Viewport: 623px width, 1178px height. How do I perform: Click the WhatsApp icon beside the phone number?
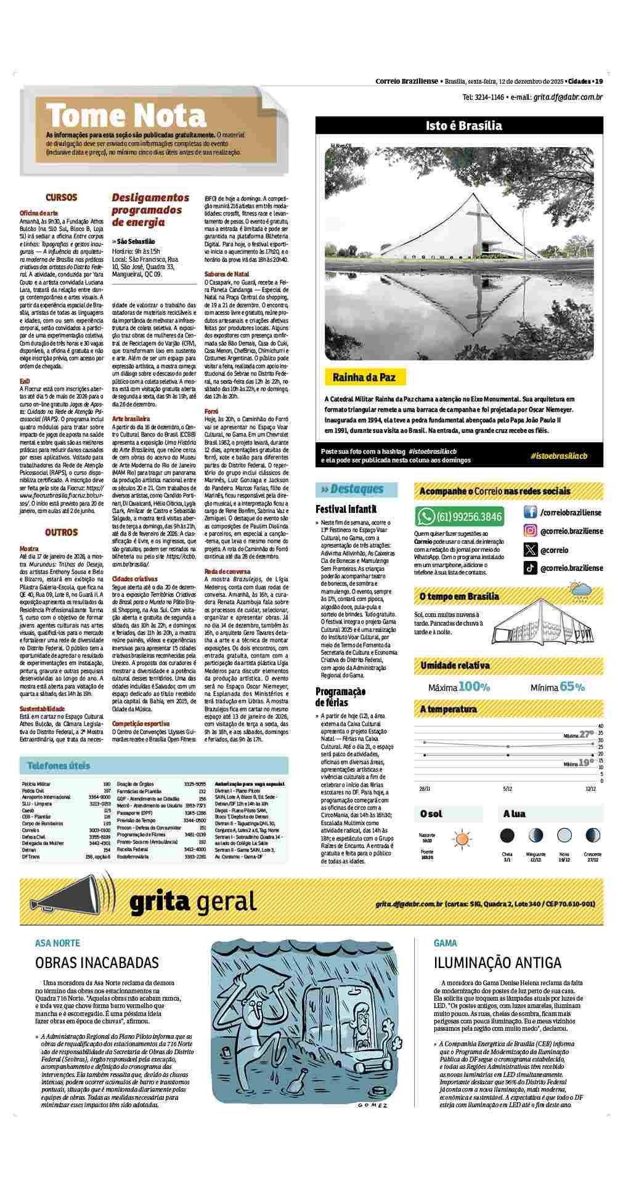point(425,516)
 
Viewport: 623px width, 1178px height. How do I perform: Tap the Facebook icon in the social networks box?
point(530,512)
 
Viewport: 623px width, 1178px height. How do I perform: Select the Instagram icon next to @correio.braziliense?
point(530,531)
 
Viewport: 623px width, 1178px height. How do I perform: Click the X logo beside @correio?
point(530,550)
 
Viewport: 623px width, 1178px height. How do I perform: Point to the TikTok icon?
point(530,568)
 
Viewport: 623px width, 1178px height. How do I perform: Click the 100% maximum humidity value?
point(474,687)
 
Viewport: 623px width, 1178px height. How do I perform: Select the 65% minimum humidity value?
point(572,687)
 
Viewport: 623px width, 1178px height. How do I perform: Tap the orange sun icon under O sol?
point(460,838)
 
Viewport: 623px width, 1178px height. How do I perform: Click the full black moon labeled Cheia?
point(507,836)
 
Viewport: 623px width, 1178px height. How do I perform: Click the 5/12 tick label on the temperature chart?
point(507,788)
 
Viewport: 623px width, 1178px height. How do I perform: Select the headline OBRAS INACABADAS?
point(97,962)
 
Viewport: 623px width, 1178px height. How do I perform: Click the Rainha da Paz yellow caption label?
point(364,377)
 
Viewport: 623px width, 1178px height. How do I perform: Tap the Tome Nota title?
point(126,115)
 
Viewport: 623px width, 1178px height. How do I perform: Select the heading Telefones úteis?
point(59,765)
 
